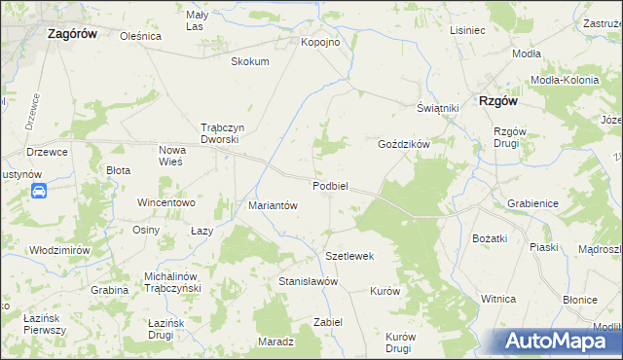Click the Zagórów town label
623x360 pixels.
[77, 33]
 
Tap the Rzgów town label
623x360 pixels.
[496, 100]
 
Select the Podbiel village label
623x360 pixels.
[331, 186]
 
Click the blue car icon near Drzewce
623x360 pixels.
[38, 192]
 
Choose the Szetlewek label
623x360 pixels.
[349, 256]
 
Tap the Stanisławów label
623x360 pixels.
[308, 281]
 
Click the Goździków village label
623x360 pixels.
[403, 143]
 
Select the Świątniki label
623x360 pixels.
[437, 108]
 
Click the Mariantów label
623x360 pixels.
[273, 205]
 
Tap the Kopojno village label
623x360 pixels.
[320, 43]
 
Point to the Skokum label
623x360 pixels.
[249, 61]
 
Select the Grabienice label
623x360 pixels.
[531, 204]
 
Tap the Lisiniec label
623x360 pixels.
[467, 30]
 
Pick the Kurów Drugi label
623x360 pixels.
[399, 342]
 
